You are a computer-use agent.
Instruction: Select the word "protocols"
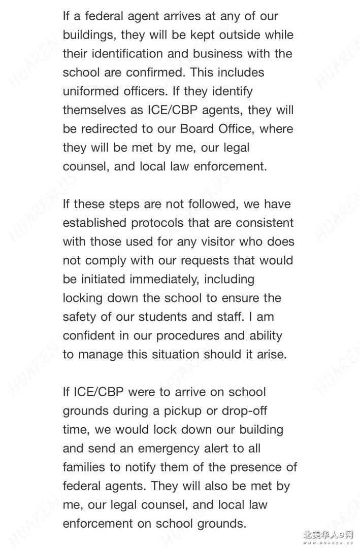pyautogui.click(x=158, y=223)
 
